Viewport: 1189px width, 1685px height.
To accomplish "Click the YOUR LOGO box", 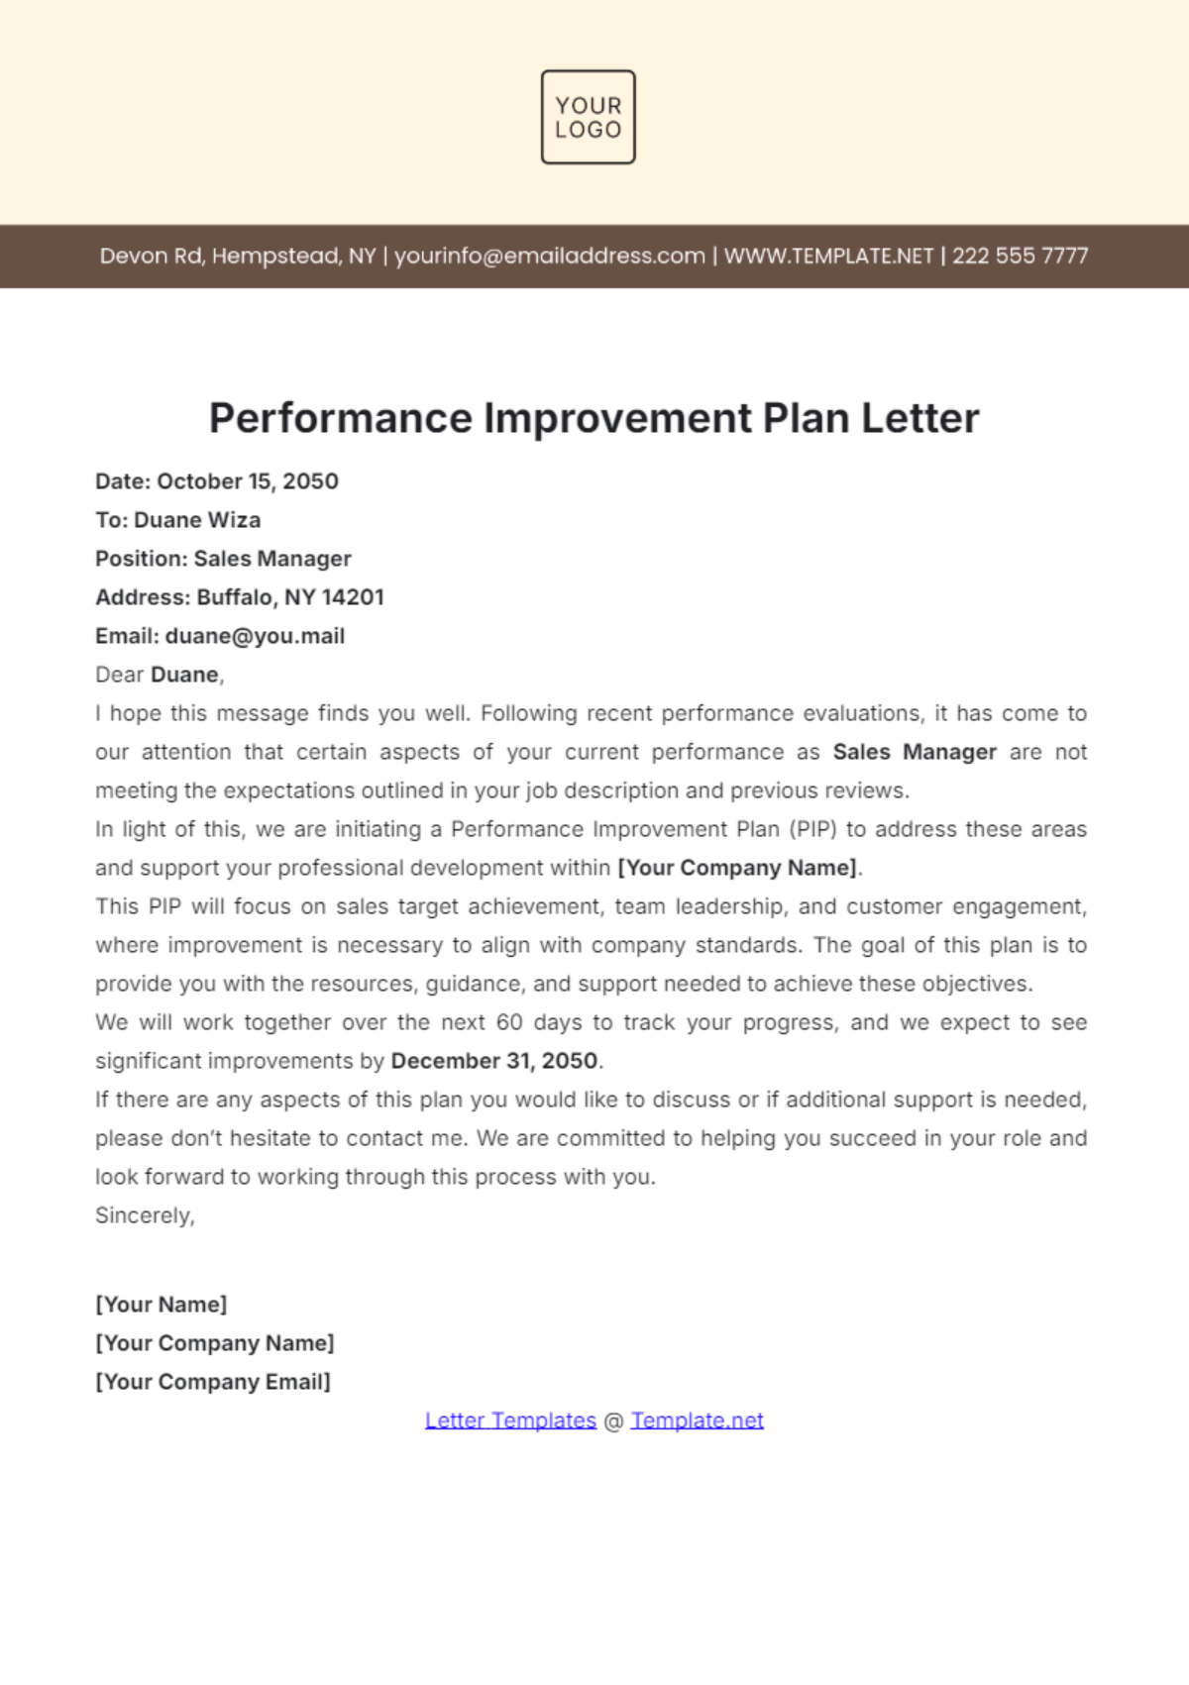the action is (588, 117).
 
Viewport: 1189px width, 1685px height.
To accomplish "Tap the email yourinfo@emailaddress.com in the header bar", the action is (550, 256).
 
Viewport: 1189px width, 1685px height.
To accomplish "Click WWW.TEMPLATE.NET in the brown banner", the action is (828, 256).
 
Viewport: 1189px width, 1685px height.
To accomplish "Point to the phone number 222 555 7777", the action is (1020, 256).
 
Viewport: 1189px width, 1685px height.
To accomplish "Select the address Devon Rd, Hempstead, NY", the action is (238, 256).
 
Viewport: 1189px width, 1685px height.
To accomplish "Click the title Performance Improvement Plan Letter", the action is (594, 418).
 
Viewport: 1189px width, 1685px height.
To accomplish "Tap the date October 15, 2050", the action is (248, 481).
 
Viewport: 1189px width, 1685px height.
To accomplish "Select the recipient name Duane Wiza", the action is (197, 520).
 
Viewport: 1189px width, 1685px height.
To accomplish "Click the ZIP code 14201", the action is (353, 597).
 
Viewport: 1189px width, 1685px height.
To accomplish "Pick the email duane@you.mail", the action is (255, 636).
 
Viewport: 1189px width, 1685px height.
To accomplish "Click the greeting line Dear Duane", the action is (160, 675).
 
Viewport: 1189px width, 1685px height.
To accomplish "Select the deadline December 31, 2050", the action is (493, 1061).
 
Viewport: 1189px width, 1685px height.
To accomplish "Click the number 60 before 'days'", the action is (509, 1022).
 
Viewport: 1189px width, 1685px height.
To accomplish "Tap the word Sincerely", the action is (145, 1215).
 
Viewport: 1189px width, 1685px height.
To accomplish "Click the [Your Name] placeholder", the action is (161, 1305).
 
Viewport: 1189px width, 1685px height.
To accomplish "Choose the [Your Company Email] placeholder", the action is (213, 1382).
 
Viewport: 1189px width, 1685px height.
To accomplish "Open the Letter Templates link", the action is (510, 1421).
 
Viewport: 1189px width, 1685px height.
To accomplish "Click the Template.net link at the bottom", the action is (697, 1421).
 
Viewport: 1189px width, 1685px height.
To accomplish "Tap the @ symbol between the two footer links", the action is (613, 1421).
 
